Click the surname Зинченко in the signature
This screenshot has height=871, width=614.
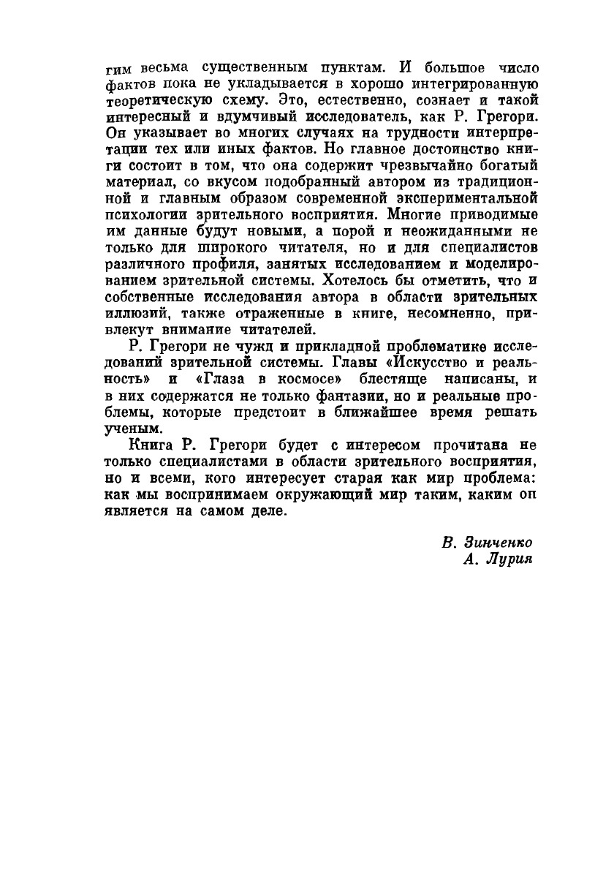point(499,543)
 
